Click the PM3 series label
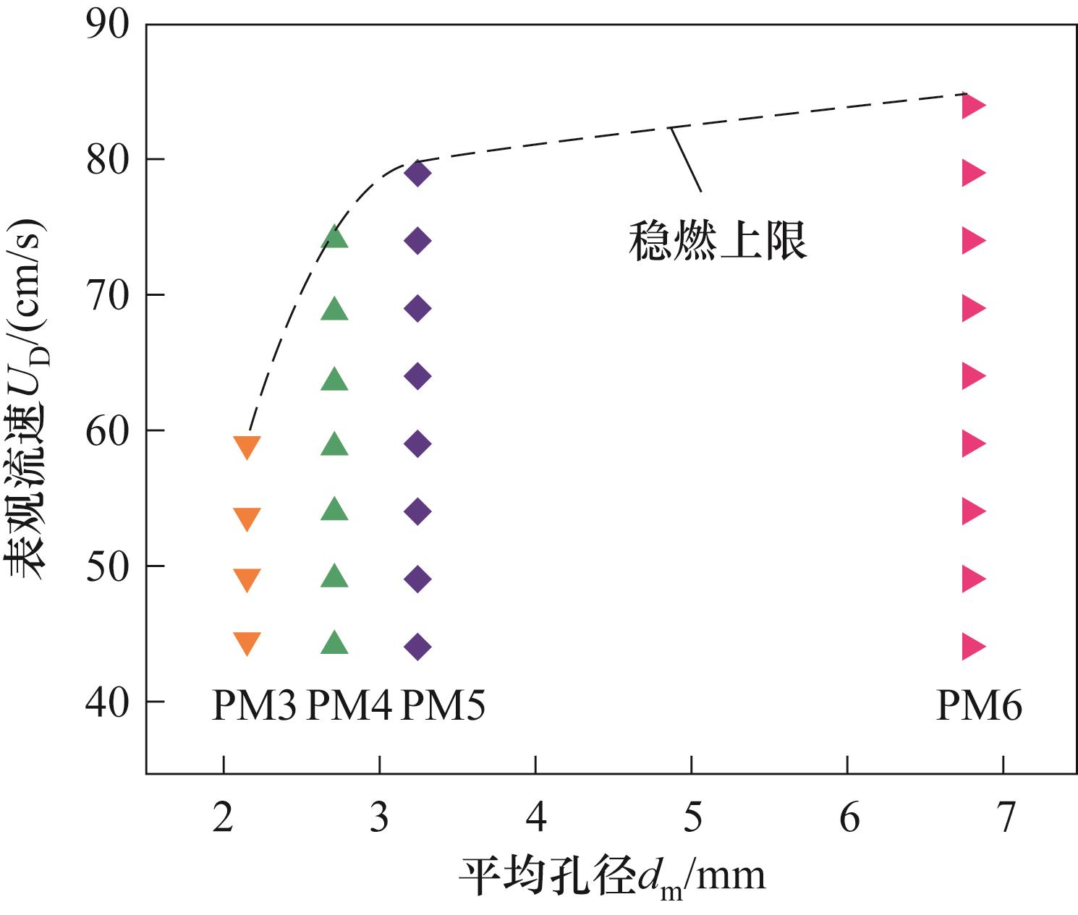(x=253, y=705)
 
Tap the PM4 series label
(x=349, y=705)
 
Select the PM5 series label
(x=442, y=705)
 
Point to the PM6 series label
(x=979, y=705)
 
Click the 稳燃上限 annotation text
(x=717, y=241)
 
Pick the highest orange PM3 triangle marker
(x=247, y=447)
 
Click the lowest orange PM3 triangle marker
(x=247, y=642)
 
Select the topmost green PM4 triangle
(x=334, y=237)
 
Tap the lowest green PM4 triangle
(x=334, y=642)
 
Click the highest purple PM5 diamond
(x=417, y=173)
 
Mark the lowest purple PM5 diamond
(x=417, y=646)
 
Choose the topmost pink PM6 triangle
(x=973, y=105)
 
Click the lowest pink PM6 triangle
(x=973, y=646)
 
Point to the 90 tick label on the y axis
(x=108, y=25)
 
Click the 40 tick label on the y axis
(x=108, y=702)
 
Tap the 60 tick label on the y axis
(x=108, y=430)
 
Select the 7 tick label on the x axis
(x=1005, y=817)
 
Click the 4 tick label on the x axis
(x=535, y=817)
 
